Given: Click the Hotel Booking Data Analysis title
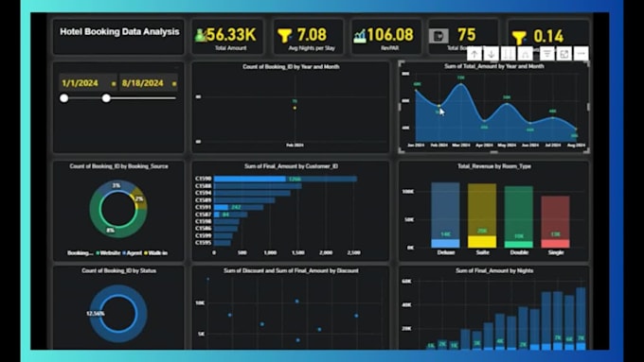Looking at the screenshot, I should point(118,32).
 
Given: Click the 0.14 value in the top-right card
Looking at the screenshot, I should point(548,35).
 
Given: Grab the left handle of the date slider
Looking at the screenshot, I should point(63,97).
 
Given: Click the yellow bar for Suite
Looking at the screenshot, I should point(481,215).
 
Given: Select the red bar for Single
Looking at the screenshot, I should point(555,222).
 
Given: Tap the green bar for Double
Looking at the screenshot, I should point(518,217).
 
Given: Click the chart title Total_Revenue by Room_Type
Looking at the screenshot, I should point(492,166).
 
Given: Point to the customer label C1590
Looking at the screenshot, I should point(203,179).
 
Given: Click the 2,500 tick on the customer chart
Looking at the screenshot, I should point(353,253).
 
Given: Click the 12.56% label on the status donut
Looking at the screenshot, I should point(95,313).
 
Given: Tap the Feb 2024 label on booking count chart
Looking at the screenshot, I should point(294,145).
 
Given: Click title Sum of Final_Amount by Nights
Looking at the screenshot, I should point(492,270).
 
